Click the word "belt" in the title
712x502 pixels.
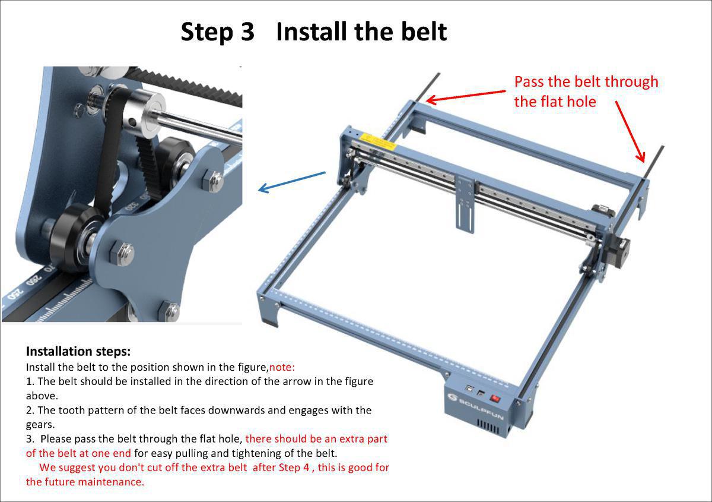pyautogui.click(x=419, y=31)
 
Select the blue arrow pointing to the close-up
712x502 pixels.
pyautogui.click(x=292, y=182)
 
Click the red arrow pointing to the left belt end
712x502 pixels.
pyautogui.click(x=466, y=96)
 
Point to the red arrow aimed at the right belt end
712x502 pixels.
pyautogui.click(x=630, y=131)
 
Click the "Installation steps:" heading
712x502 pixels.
pyautogui.click(x=78, y=351)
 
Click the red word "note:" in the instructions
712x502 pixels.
pyautogui.click(x=282, y=367)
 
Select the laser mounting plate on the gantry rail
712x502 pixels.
pyautogui.click(x=465, y=203)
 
